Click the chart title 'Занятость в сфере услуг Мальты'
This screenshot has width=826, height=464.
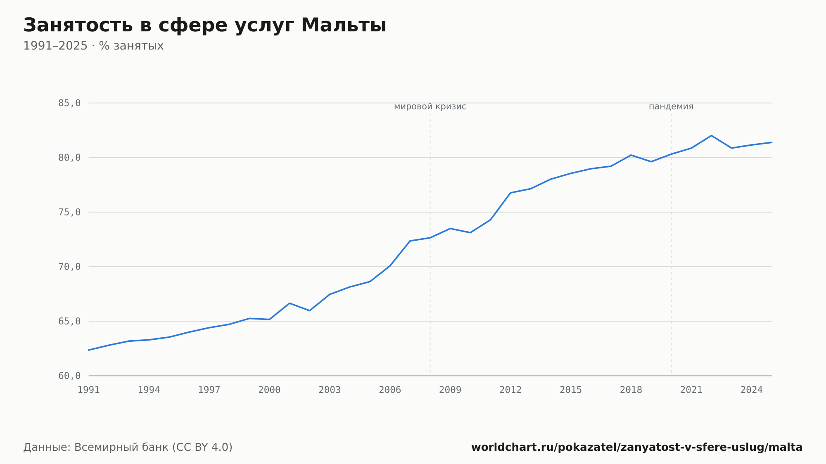[x=205, y=26]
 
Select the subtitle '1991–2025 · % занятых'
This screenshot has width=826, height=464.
[x=93, y=46]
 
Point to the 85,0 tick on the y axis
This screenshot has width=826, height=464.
[x=69, y=103]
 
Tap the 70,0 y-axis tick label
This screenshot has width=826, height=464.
[x=69, y=267]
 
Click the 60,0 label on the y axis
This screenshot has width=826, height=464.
[x=69, y=376]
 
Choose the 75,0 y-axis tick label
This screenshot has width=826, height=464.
[x=69, y=212]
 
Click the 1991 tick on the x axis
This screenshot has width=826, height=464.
[x=89, y=390]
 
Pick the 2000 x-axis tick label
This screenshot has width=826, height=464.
[x=269, y=390]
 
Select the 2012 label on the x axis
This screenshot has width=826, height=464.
[x=510, y=390]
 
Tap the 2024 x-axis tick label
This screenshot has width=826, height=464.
[x=752, y=390]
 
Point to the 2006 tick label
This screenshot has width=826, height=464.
[x=390, y=390]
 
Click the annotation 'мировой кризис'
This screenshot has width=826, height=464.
[x=430, y=107]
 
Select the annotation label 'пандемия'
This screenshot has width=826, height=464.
[x=671, y=107]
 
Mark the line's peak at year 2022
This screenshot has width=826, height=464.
[x=711, y=135]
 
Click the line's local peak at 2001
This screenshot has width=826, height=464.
[x=290, y=303]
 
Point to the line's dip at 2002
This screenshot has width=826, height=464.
[x=310, y=310]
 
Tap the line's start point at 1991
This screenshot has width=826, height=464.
[x=89, y=350]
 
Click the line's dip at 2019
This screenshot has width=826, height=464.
[x=651, y=161]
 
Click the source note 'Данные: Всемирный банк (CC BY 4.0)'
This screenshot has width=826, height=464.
[x=128, y=447]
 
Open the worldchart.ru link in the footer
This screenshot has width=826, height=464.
[x=637, y=447]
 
